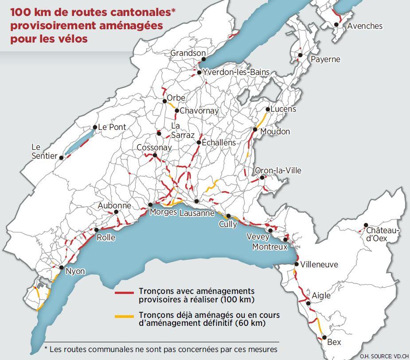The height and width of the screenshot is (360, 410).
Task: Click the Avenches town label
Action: tap(364, 26)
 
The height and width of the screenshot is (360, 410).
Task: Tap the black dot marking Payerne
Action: tap(300, 55)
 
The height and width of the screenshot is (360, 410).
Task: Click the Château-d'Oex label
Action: tap(383, 235)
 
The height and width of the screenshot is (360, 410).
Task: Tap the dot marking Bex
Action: tap(324, 338)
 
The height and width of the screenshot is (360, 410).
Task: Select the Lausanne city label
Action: tap(197, 213)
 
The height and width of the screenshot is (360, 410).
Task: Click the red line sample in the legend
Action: tap(124, 293)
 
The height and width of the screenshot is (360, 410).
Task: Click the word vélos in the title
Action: tap(73, 39)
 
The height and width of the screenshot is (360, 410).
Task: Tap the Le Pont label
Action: tap(112, 127)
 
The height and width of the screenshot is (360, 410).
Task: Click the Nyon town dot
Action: tap(61, 268)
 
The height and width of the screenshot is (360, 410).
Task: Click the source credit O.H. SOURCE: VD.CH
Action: tap(383, 356)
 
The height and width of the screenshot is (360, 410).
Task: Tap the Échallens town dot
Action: tap(199, 143)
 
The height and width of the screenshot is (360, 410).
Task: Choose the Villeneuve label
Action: tap(319, 265)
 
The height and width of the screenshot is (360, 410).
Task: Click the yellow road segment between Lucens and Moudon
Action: tap(262, 120)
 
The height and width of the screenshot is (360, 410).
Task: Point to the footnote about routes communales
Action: tap(161, 349)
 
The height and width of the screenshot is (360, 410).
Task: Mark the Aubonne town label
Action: tap(114, 206)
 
